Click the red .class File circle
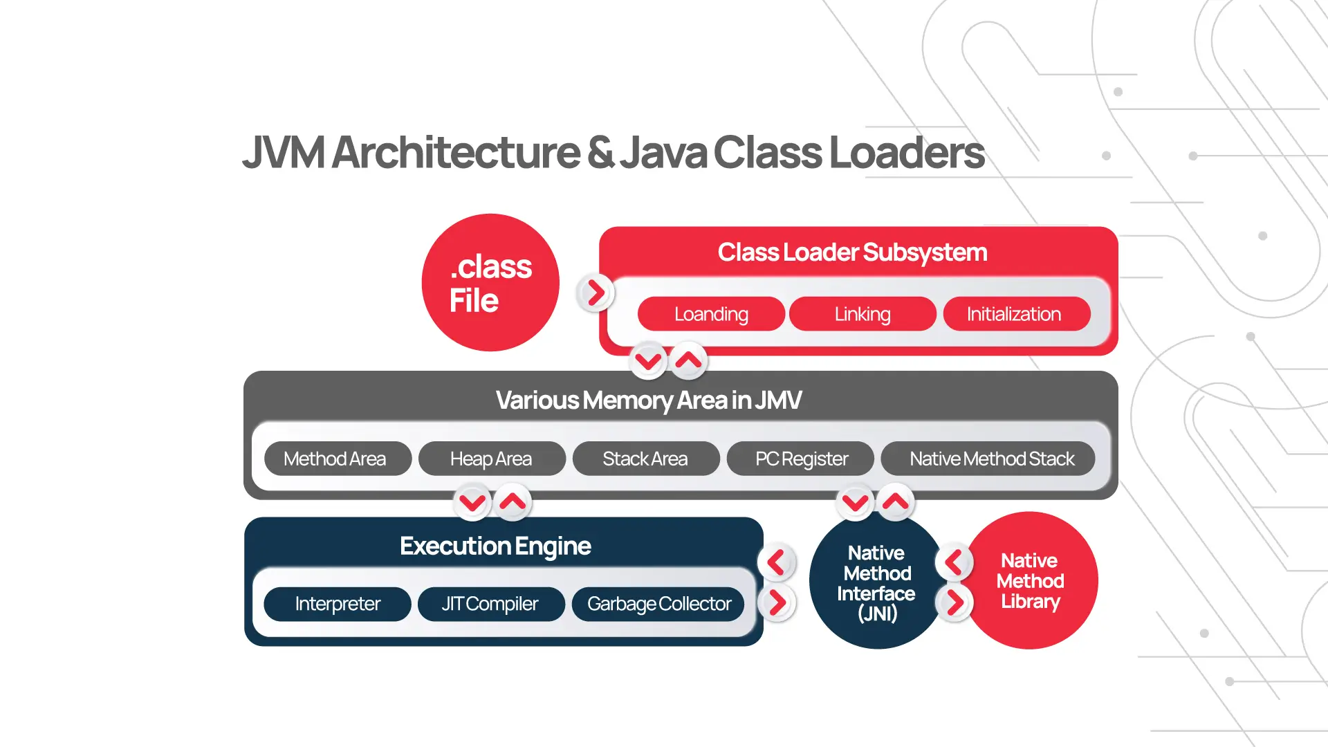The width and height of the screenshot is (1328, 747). point(490,282)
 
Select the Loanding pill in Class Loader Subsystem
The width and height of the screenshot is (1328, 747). point(711,314)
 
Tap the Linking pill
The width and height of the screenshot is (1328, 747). point(863,314)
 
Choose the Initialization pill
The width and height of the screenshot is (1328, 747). point(1014,314)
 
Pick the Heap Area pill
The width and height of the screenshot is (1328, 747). point(492,459)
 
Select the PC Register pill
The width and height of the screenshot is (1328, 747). point(801,459)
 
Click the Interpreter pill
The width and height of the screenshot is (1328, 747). point(338,604)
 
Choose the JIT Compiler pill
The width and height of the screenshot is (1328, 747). point(490,604)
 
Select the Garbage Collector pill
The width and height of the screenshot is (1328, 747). point(658,604)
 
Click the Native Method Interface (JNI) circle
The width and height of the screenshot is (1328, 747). point(876,582)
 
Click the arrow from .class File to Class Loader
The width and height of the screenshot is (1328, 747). point(596,293)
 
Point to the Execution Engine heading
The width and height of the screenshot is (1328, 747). point(495,546)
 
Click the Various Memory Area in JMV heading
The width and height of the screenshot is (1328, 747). point(649,400)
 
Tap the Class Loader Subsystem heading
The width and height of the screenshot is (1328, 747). point(852,252)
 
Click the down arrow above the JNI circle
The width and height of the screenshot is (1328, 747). point(856,502)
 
